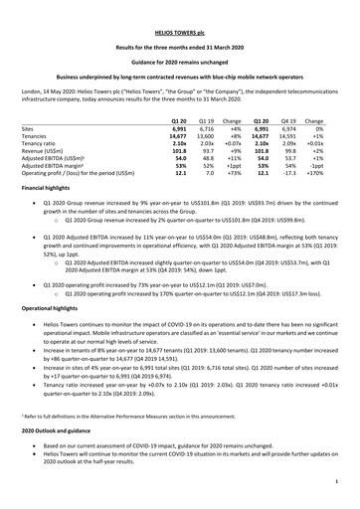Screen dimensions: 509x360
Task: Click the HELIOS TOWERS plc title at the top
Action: pos(180,18)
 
